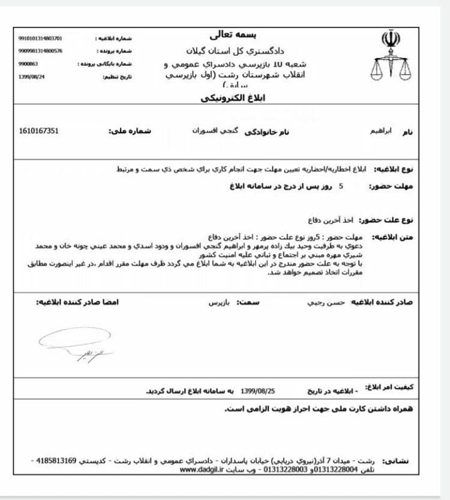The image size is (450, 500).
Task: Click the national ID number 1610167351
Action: click(x=39, y=131)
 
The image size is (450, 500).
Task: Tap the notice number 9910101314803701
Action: click(x=40, y=38)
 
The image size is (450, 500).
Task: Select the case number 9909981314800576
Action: click(x=40, y=51)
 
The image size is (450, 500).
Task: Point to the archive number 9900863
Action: click(x=28, y=64)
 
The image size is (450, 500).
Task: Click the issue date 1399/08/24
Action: click(x=32, y=76)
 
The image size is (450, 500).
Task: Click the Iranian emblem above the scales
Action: click(x=386, y=40)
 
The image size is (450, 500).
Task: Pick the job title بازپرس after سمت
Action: click(x=219, y=302)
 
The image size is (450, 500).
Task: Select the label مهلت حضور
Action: click(x=394, y=186)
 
